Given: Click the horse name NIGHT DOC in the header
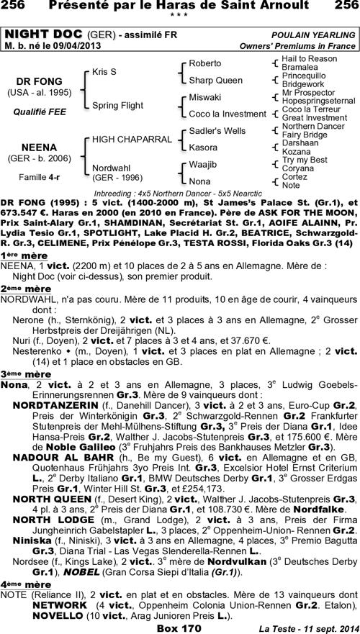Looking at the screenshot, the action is pyautogui.click(x=43, y=35).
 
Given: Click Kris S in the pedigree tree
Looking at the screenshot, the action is pyautogui.click(x=104, y=73).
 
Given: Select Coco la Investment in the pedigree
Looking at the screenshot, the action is pyautogui.click(x=227, y=114).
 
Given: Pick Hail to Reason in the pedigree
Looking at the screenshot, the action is pyautogui.click(x=309, y=58).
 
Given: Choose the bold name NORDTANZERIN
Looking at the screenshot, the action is pyautogui.click(x=52, y=406).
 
